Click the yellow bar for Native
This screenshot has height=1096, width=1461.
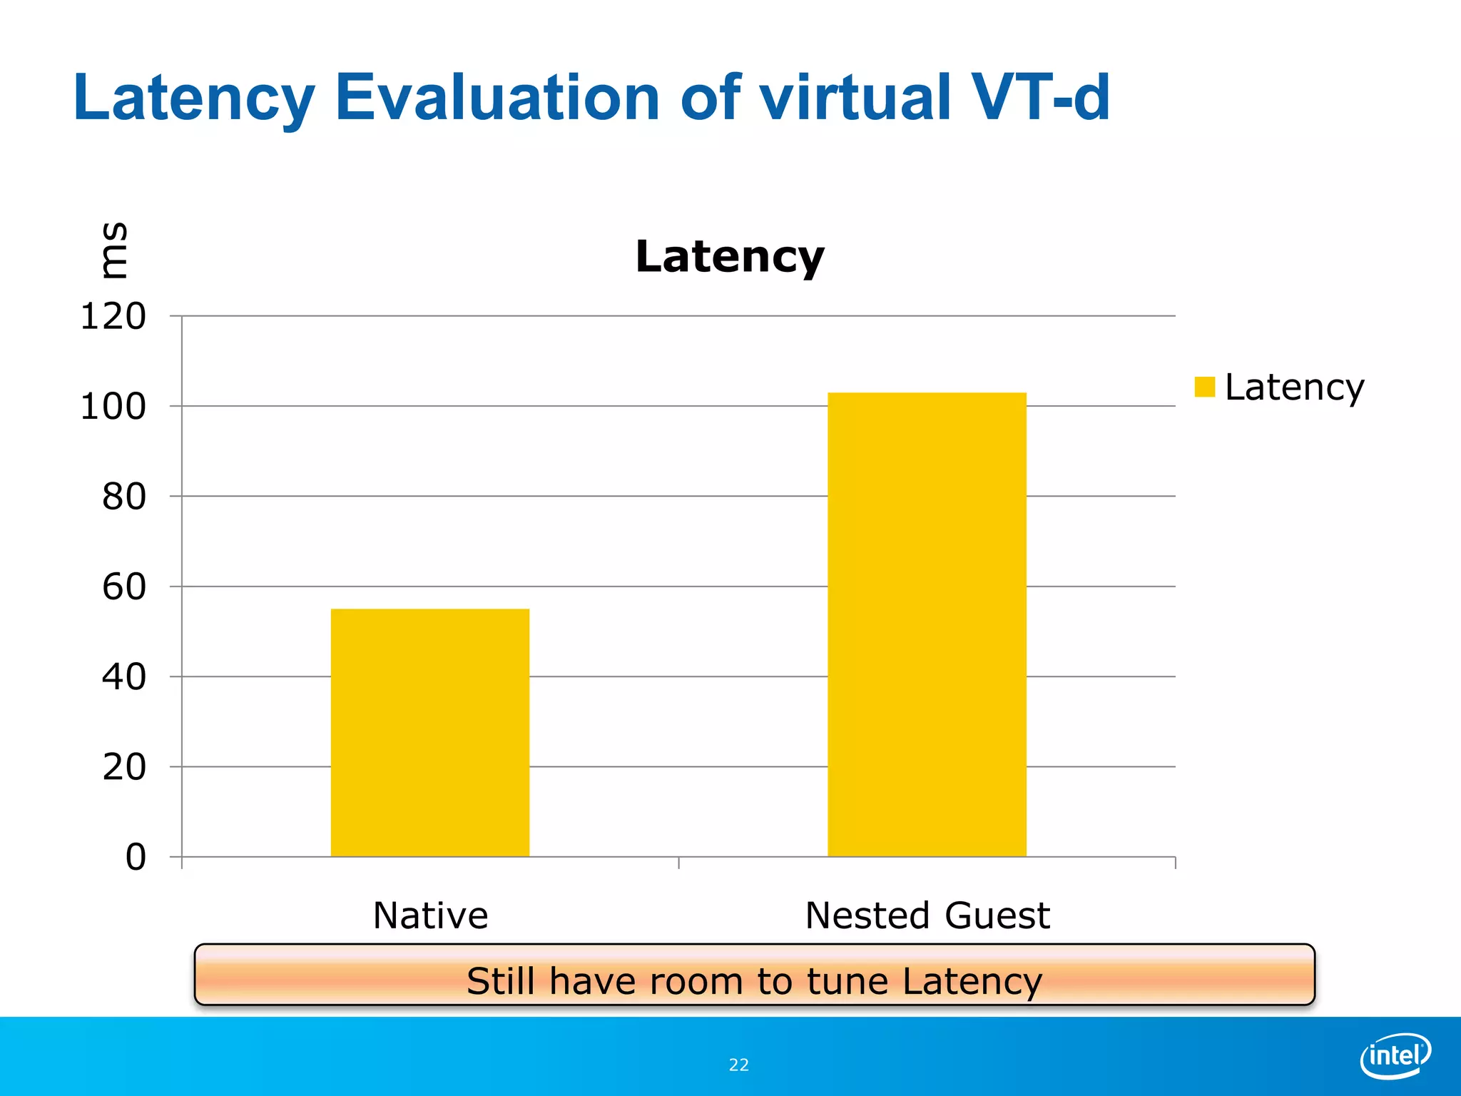click(430, 732)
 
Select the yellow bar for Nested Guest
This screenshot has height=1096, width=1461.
click(927, 624)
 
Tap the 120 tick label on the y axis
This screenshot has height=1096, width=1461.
click(113, 317)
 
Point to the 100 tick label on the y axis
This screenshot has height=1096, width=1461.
click(113, 407)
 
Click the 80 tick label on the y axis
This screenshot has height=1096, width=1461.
click(123, 497)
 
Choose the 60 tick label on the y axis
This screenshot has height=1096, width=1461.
click(123, 587)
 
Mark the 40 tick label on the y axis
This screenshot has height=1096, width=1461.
click(123, 677)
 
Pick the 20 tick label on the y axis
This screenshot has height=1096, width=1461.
click(123, 768)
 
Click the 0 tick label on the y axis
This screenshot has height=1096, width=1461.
click(136, 858)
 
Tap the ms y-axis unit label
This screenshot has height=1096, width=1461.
click(114, 250)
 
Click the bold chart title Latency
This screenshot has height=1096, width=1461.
click(729, 257)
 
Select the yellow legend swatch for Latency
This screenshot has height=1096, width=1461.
click(1204, 387)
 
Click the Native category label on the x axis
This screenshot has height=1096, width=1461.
click(430, 915)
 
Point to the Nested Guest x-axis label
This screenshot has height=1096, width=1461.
click(927, 915)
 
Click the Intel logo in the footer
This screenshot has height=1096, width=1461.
click(1395, 1055)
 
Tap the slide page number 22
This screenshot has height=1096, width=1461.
click(738, 1065)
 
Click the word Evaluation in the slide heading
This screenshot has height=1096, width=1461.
click(497, 97)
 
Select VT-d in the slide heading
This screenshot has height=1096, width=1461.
click(1039, 97)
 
